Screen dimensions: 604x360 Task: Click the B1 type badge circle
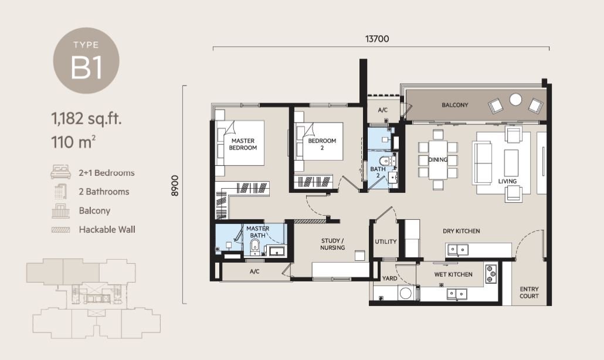pyautogui.click(x=86, y=60)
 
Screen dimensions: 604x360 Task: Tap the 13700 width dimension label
pyautogui.click(x=376, y=39)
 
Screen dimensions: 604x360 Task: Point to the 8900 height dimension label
pyautogui.click(x=175, y=186)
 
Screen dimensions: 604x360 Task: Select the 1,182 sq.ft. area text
pyautogui.click(x=86, y=118)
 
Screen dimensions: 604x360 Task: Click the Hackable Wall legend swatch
pyautogui.click(x=61, y=230)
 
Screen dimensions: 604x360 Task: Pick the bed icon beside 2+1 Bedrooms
pyautogui.click(x=61, y=172)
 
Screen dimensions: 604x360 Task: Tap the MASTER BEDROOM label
pyautogui.click(x=243, y=144)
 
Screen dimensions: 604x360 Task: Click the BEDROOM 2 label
pyautogui.click(x=322, y=144)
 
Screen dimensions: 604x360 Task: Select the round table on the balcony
pyautogui.click(x=515, y=100)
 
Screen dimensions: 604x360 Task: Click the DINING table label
pyautogui.click(x=438, y=160)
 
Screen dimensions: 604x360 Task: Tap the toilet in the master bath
pyautogui.click(x=255, y=247)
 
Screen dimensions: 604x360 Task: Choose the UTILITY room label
pyautogui.click(x=386, y=242)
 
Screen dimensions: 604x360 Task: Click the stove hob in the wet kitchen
pyautogui.click(x=490, y=274)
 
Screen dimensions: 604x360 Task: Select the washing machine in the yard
pyautogui.click(x=406, y=293)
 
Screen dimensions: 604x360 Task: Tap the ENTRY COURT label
pyautogui.click(x=529, y=293)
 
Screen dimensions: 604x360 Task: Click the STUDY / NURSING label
pyautogui.click(x=332, y=244)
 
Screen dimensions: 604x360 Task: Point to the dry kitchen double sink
pyautogui.click(x=457, y=250)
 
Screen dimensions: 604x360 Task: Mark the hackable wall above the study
pyautogui.click(x=310, y=221)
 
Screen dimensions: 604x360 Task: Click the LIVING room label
pyautogui.click(x=507, y=181)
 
